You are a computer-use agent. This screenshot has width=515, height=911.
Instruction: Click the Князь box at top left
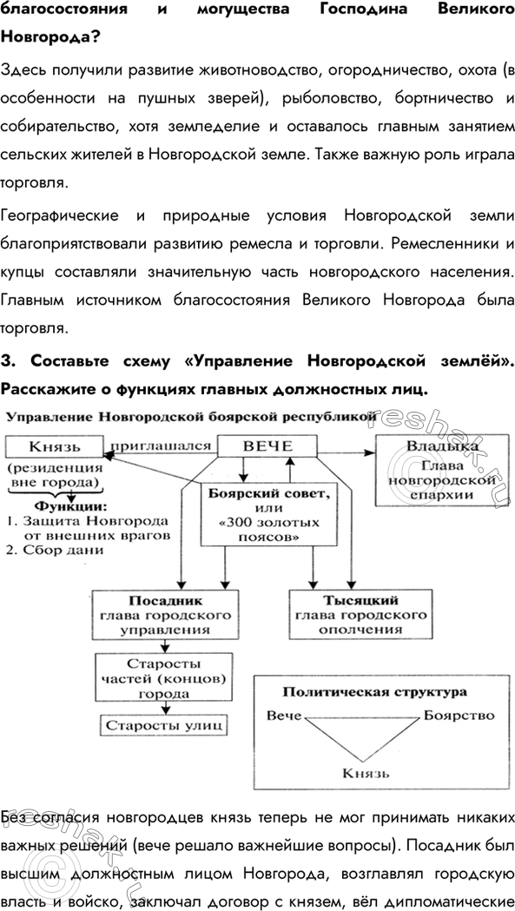(x=54, y=446)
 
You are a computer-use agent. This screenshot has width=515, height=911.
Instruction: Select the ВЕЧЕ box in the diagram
(x=267, y=446)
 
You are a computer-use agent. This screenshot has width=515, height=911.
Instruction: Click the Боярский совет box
(x=269, y=515)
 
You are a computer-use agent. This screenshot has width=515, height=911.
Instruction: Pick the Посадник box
(x=164, y=614)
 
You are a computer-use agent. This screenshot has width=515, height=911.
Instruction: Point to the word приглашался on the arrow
(x=162, y=446)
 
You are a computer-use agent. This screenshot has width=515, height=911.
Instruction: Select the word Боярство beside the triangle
(x=459, y=716)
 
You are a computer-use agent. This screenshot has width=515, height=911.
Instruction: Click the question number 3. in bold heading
(x=9, y=360)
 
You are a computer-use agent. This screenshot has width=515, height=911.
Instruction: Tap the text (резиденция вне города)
(x=54, y=474)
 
